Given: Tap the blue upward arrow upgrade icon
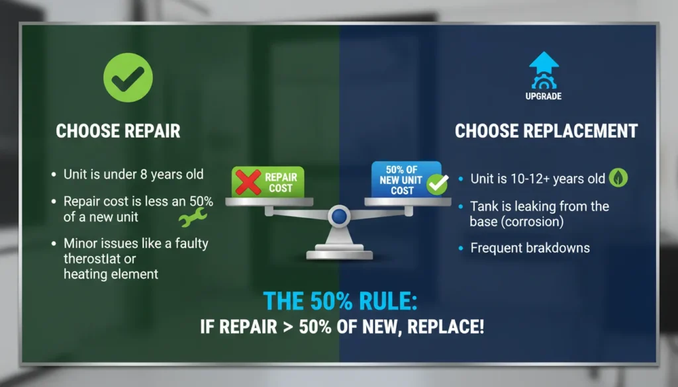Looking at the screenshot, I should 544,69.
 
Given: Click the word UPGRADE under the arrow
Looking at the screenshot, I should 544,97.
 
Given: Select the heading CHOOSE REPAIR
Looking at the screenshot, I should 118,131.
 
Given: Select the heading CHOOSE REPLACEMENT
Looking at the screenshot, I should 546,131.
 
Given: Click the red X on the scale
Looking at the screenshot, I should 247,182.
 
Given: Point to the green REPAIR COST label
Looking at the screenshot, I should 280,183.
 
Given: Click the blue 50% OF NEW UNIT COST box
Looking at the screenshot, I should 399,179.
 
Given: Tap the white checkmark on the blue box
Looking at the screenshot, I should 436,185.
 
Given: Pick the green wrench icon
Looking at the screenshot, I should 193,218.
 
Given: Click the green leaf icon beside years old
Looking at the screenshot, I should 618,178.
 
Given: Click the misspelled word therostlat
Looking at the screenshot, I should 93,259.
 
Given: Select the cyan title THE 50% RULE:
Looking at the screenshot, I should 340,300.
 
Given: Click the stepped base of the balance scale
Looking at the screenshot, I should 339,251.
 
